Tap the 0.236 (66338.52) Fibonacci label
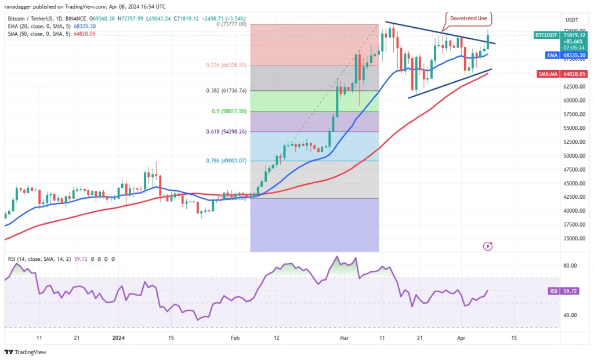(x=227, y=66)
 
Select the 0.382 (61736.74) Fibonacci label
(x=227, y=91)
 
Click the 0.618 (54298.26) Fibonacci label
(x=227, y=132)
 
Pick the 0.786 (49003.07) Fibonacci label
(x=227, y=161)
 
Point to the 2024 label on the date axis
(x=118, y=338)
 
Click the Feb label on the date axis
(x=235, y=338)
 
